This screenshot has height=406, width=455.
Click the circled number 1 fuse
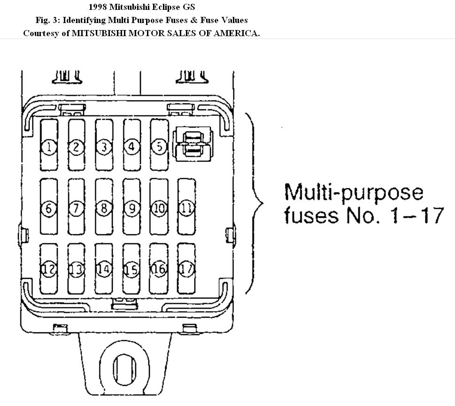[49, 147]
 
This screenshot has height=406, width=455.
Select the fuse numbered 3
[104, 147]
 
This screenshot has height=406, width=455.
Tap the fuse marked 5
[159, 147]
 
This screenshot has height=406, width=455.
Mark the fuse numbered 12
[49, 269]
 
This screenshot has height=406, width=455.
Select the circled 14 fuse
[104, 269]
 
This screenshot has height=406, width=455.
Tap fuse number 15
[132, 269]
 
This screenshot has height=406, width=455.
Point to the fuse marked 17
[187, 269]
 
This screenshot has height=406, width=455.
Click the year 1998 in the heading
[97, 7]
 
